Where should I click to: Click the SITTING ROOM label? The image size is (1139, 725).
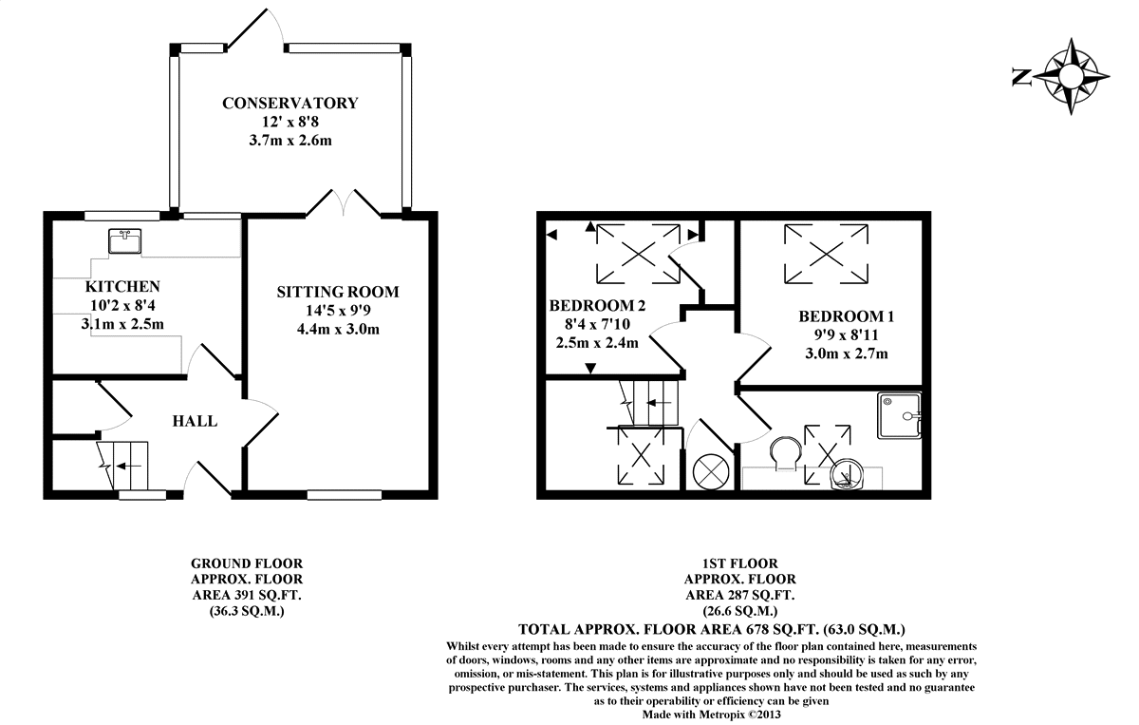[338, 292]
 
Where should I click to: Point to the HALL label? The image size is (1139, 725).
[195, 421]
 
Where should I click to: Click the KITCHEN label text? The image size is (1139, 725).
[122, 286]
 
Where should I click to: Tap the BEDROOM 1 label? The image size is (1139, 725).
[847, 316]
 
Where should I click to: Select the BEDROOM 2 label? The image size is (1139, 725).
[597, 306]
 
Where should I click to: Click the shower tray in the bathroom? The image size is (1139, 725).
[900, 415]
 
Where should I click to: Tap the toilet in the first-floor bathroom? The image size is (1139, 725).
[785, 453]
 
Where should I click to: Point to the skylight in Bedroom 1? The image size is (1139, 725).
[825, 253]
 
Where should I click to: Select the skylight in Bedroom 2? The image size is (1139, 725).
[638, 253]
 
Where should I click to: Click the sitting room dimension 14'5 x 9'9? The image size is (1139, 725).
[338, 311]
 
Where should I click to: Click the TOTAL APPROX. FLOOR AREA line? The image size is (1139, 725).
[712, 629]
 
